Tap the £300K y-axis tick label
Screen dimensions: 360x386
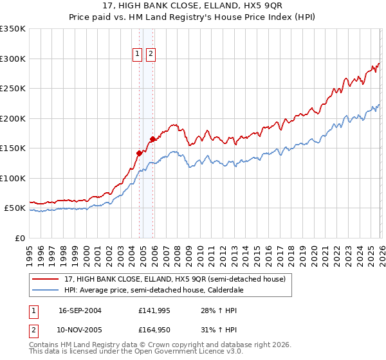tap(13, 59)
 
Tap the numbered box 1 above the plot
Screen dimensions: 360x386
tap(138, 55)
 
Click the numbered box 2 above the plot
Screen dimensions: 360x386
tap(151, 55)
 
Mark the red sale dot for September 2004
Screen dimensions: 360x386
tap(139, 153)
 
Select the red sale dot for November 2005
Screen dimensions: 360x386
tap(152, 139)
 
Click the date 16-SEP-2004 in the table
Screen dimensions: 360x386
tap(80, 310)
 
